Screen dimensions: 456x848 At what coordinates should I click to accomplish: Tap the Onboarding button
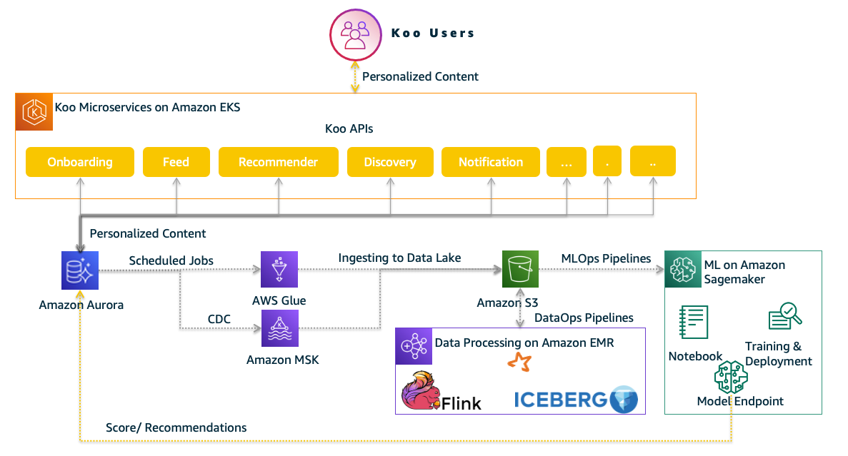80,162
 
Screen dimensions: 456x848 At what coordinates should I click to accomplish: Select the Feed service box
176,162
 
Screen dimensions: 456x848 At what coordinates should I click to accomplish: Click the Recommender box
278,162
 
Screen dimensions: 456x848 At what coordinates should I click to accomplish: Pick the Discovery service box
390,162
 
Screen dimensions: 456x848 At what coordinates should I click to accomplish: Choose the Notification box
491,162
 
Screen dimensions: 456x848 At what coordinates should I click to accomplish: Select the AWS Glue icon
279,269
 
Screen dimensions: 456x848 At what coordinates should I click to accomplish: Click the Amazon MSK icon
279,328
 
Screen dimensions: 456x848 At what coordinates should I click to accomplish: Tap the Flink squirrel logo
421,391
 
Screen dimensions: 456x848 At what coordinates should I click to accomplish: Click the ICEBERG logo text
561,400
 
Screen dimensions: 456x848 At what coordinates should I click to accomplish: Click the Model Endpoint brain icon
731,377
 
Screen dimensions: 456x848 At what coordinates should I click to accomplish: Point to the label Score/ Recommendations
176,427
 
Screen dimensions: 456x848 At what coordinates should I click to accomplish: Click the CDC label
219,319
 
